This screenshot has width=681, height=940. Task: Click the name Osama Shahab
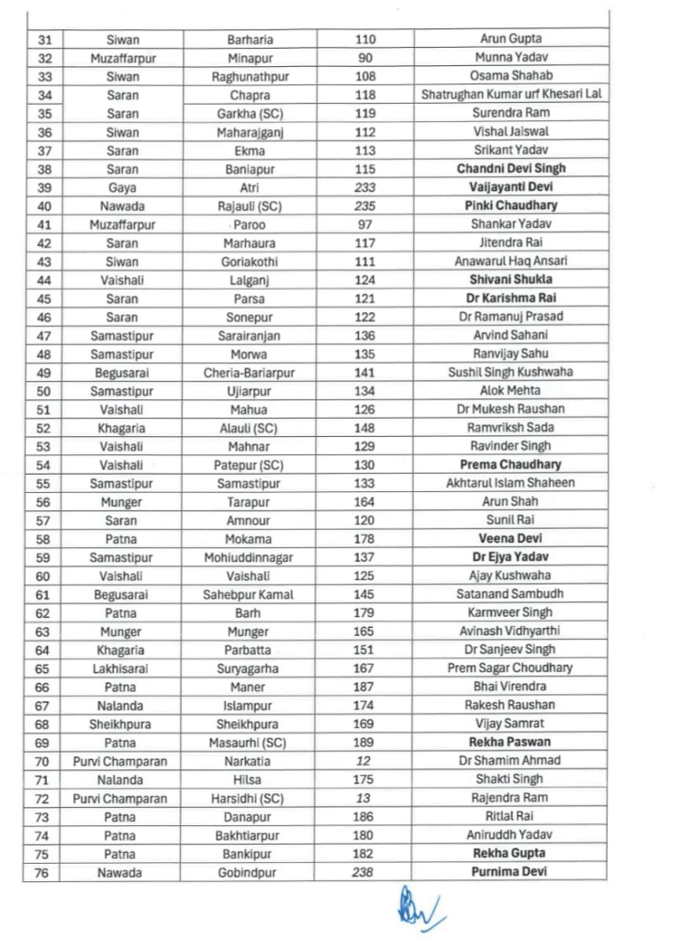(x=511, y=76)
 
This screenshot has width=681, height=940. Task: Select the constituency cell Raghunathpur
(x=250, y=76)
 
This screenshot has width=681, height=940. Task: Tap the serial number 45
(x=43, y=298)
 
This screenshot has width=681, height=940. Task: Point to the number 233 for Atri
(x=364, y=187)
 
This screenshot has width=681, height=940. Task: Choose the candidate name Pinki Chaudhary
(x=511, y=206)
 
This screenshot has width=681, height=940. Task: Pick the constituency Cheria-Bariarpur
(x=250, y=373)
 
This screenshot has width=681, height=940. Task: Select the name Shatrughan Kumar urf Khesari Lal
(x=511, y=95)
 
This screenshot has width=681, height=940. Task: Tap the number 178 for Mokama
(x=364, y=539)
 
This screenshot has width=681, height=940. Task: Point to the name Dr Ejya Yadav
(x=511, y=557)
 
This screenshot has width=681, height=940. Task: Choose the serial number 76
(x=43, y=872)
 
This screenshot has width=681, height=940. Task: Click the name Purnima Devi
(x=511, y=872)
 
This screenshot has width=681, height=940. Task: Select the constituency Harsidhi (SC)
(x=250, y=798)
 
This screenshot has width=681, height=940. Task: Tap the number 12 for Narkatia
(x=364, y=761)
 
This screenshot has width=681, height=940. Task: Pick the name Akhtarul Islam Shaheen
(x=511, y=483)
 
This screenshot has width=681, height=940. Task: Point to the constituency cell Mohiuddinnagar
(x=250, y=557)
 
